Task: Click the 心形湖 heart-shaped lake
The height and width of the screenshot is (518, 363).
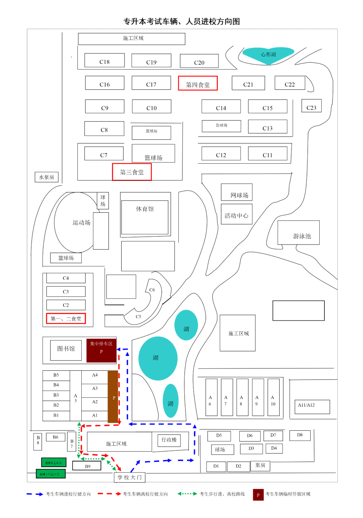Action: click(268, 54)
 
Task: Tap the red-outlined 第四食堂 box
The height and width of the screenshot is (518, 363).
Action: click(198, 83)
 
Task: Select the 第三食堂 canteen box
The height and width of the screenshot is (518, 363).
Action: click(132, 172)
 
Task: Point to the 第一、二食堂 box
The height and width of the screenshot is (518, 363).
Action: click(66, 318)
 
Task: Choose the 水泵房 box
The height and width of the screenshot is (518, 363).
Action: click(46, 177)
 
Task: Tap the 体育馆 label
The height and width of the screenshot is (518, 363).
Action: click(145, 209)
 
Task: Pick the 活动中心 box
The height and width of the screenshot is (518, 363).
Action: click(236, 214)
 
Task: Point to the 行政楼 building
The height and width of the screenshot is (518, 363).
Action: click(169, 440)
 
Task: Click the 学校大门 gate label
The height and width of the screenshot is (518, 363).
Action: click(129, 477)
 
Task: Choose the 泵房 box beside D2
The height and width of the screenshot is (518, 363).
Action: click(260, 466)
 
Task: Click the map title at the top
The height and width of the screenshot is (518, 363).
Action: click(182, 22)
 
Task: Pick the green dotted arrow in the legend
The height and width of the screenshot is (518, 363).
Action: click(187, 494)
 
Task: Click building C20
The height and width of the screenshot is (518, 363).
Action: click(199, 61)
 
